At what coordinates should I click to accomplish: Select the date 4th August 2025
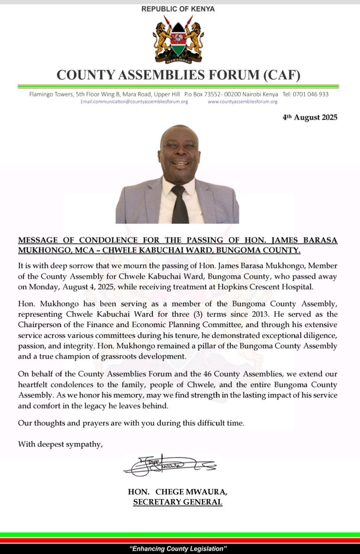(x=310, y=117)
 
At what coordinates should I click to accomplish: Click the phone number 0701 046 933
(x=312, y=94)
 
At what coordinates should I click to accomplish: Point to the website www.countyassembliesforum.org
(x=242, y=102)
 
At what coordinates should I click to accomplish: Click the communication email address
(x=134, y=102)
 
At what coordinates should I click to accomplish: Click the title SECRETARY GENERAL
(x=177, y=502)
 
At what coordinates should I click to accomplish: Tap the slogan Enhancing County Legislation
(x=179, y=549)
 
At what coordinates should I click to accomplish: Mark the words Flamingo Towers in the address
(x=50, y=94)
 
